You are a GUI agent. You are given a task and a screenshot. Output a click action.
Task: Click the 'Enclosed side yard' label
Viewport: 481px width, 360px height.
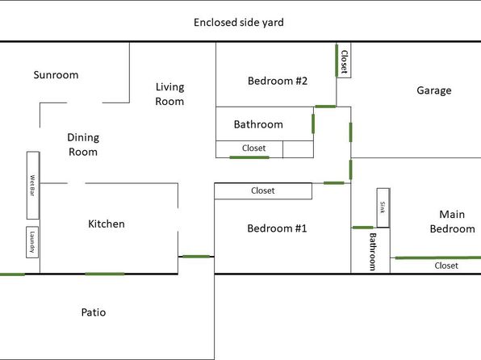click(239, 23)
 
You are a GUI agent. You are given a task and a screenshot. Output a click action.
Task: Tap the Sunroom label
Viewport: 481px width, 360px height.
click(56, 75)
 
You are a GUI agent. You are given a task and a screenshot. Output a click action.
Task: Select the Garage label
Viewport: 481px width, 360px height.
click(433, 90)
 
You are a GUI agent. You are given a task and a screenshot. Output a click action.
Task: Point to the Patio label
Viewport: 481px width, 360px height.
click(94, 312)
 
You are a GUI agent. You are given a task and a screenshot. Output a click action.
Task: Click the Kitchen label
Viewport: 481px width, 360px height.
click(107, 224)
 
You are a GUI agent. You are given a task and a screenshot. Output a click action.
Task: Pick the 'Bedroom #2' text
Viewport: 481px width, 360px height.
click(278, 81)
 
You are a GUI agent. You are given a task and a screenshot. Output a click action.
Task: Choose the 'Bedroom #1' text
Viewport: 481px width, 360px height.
click(277, 228)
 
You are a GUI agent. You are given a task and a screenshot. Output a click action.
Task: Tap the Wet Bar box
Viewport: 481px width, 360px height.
click(33, 186)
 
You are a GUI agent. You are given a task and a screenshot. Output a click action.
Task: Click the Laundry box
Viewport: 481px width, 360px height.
click(32, 242)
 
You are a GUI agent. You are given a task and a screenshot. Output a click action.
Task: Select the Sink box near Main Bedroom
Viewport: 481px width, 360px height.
click(383, 207)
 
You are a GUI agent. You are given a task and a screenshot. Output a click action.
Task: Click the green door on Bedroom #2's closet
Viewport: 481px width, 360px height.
click(337, 61)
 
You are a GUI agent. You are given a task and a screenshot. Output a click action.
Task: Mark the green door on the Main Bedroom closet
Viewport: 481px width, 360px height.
click(438, 257)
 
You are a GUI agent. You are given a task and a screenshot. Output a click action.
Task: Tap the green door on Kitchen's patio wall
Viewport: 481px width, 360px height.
click(105, 274)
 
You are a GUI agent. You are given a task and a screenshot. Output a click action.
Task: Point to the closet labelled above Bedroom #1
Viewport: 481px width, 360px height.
click(263, 190)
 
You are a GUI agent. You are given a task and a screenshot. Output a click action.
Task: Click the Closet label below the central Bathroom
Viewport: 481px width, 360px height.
click(253, 148)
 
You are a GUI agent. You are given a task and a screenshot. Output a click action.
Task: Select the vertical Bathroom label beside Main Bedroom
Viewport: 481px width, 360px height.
click(372, 252)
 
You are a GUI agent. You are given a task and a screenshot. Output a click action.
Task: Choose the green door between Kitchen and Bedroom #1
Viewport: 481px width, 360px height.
click(196, 256)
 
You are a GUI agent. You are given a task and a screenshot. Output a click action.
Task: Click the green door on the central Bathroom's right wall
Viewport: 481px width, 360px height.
click(313, 123)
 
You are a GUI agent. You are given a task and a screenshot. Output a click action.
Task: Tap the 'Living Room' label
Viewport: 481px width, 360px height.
click(169, 94)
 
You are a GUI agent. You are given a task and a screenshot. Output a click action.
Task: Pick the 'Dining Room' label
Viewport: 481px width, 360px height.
click(83, 144)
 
